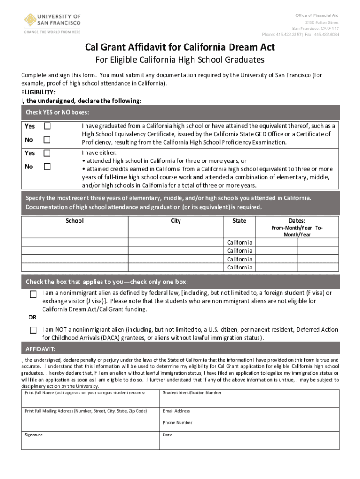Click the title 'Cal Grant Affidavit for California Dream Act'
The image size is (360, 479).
tap(180, 47)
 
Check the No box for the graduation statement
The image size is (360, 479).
tap(47, 139)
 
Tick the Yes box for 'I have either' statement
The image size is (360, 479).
tap(47, 153)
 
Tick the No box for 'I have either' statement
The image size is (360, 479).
tap(47, 167)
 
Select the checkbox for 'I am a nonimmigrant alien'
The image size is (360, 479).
tap(33, 294)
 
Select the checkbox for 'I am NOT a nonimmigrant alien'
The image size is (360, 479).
tap(33, 330)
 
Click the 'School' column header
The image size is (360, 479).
tap(75, 220)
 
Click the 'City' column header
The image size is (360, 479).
tap(176, 220)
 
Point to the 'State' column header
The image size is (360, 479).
tap(239, 220)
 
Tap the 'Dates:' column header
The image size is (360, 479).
tap(297, 220)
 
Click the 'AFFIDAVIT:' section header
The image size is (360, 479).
tap(41, 349)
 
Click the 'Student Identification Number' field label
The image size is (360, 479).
tap(192, 393)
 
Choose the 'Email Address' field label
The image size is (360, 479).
tap(176, 411)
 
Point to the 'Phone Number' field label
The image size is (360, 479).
tap(177, 422)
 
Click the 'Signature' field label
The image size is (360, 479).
tap(34, 435)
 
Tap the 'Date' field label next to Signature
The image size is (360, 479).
tap(167, 435)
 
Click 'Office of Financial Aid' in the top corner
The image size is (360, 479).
tap(317, 15)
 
